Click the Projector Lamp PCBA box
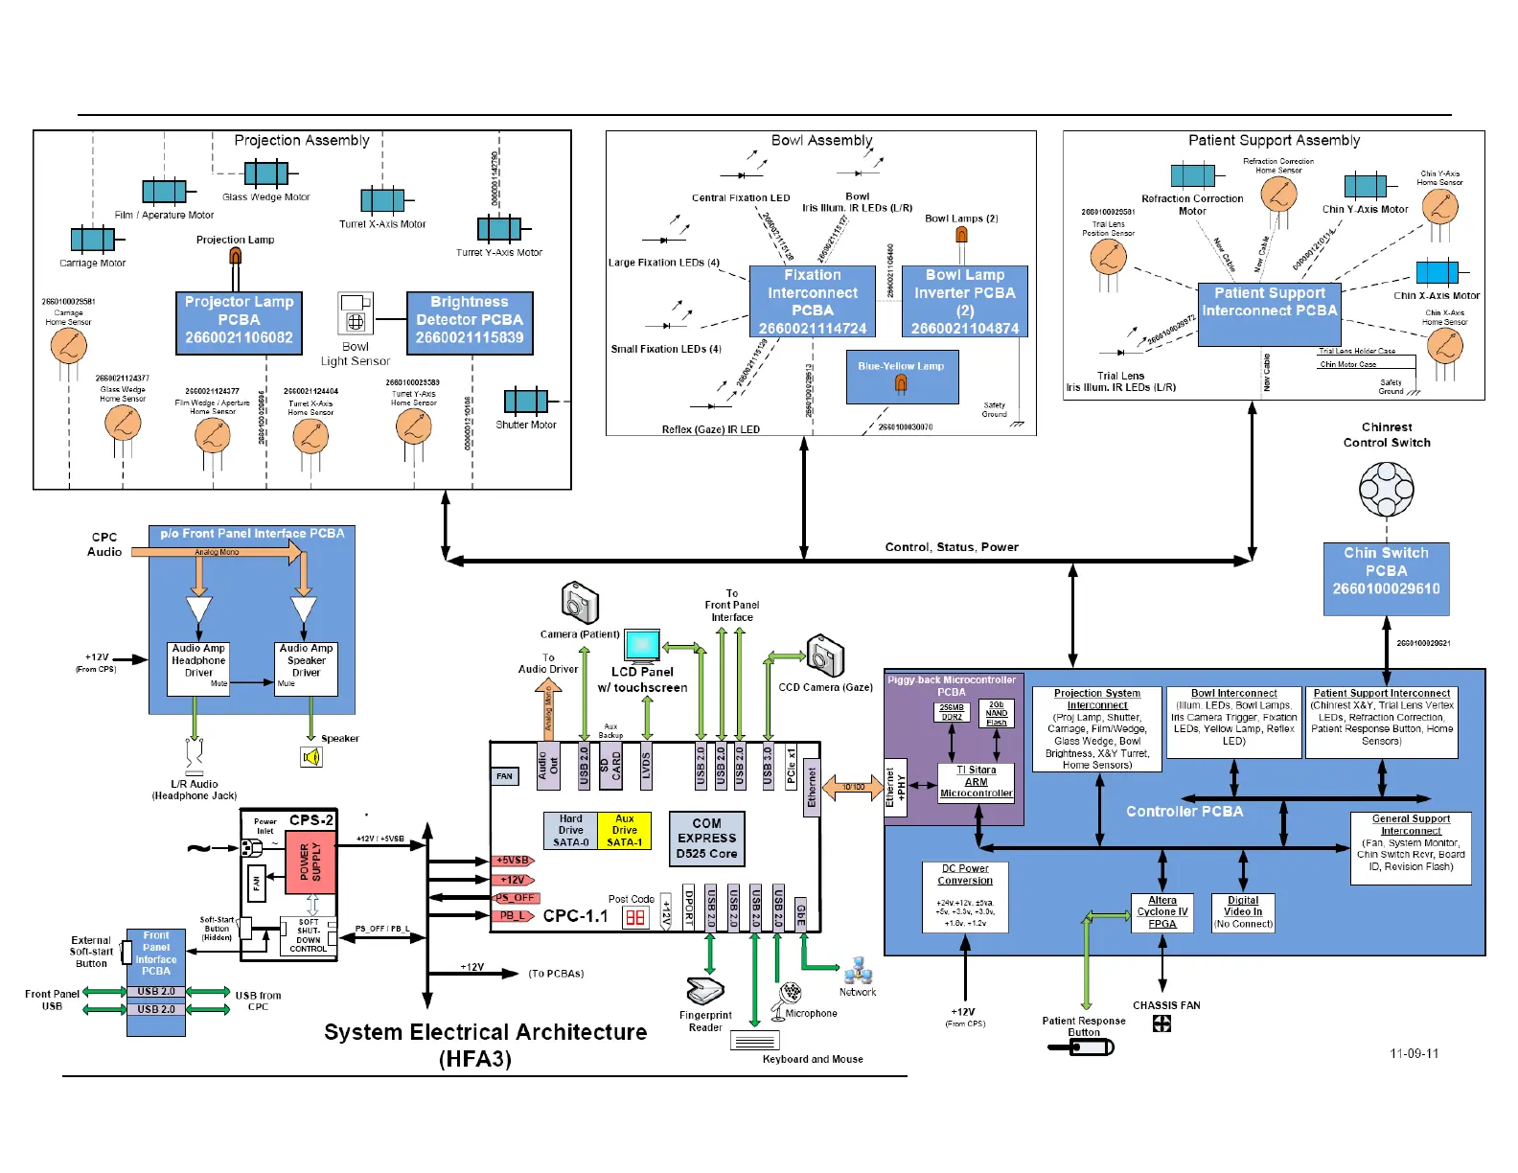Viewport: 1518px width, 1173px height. pyautogui.click(x=239, y=322)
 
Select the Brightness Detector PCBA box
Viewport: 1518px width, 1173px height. pyautogui.click(x=470, y=322)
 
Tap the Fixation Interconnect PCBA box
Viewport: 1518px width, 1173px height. pyautogui.click(x=813, y=301)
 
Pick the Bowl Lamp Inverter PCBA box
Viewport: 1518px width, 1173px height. pyautogui.click(x=965, y=301)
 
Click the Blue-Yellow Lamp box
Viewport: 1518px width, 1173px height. pyautogui.click(x=901, y=377)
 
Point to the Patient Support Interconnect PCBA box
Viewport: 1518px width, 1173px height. pyautogui.click(x=1269, y=313)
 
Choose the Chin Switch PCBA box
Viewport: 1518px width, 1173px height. pyautogui.click(x=1386, y=578)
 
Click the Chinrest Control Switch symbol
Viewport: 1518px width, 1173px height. pyautogui.click(x=1386, y=489)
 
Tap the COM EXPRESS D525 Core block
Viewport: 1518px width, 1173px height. pyautogui.click(x=707, y=839)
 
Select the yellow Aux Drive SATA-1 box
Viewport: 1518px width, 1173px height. pyautogui.click(x=624, y=831)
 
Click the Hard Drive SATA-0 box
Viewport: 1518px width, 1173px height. pyautogui.click(x=571, y=831)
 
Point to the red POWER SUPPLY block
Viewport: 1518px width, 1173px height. pyautogui.click(x=311, y=862)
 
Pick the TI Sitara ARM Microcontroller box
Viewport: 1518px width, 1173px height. pyautogui.click(x=976, y=782)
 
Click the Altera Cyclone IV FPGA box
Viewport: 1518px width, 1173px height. pyautogui.click(x=1162, y=912)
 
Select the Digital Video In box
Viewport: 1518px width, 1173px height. pyautogui.click(x=1243, y=912)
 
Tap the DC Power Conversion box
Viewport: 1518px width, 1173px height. pyautogui.click(x=965, y=897)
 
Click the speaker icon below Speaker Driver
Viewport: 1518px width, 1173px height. pyautogui.click(x=311, y=757)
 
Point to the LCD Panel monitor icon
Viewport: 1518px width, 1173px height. pyautogui.click(x=642, y=646)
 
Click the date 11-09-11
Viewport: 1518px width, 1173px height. pyautogui.click(x=1414, y=1053)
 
